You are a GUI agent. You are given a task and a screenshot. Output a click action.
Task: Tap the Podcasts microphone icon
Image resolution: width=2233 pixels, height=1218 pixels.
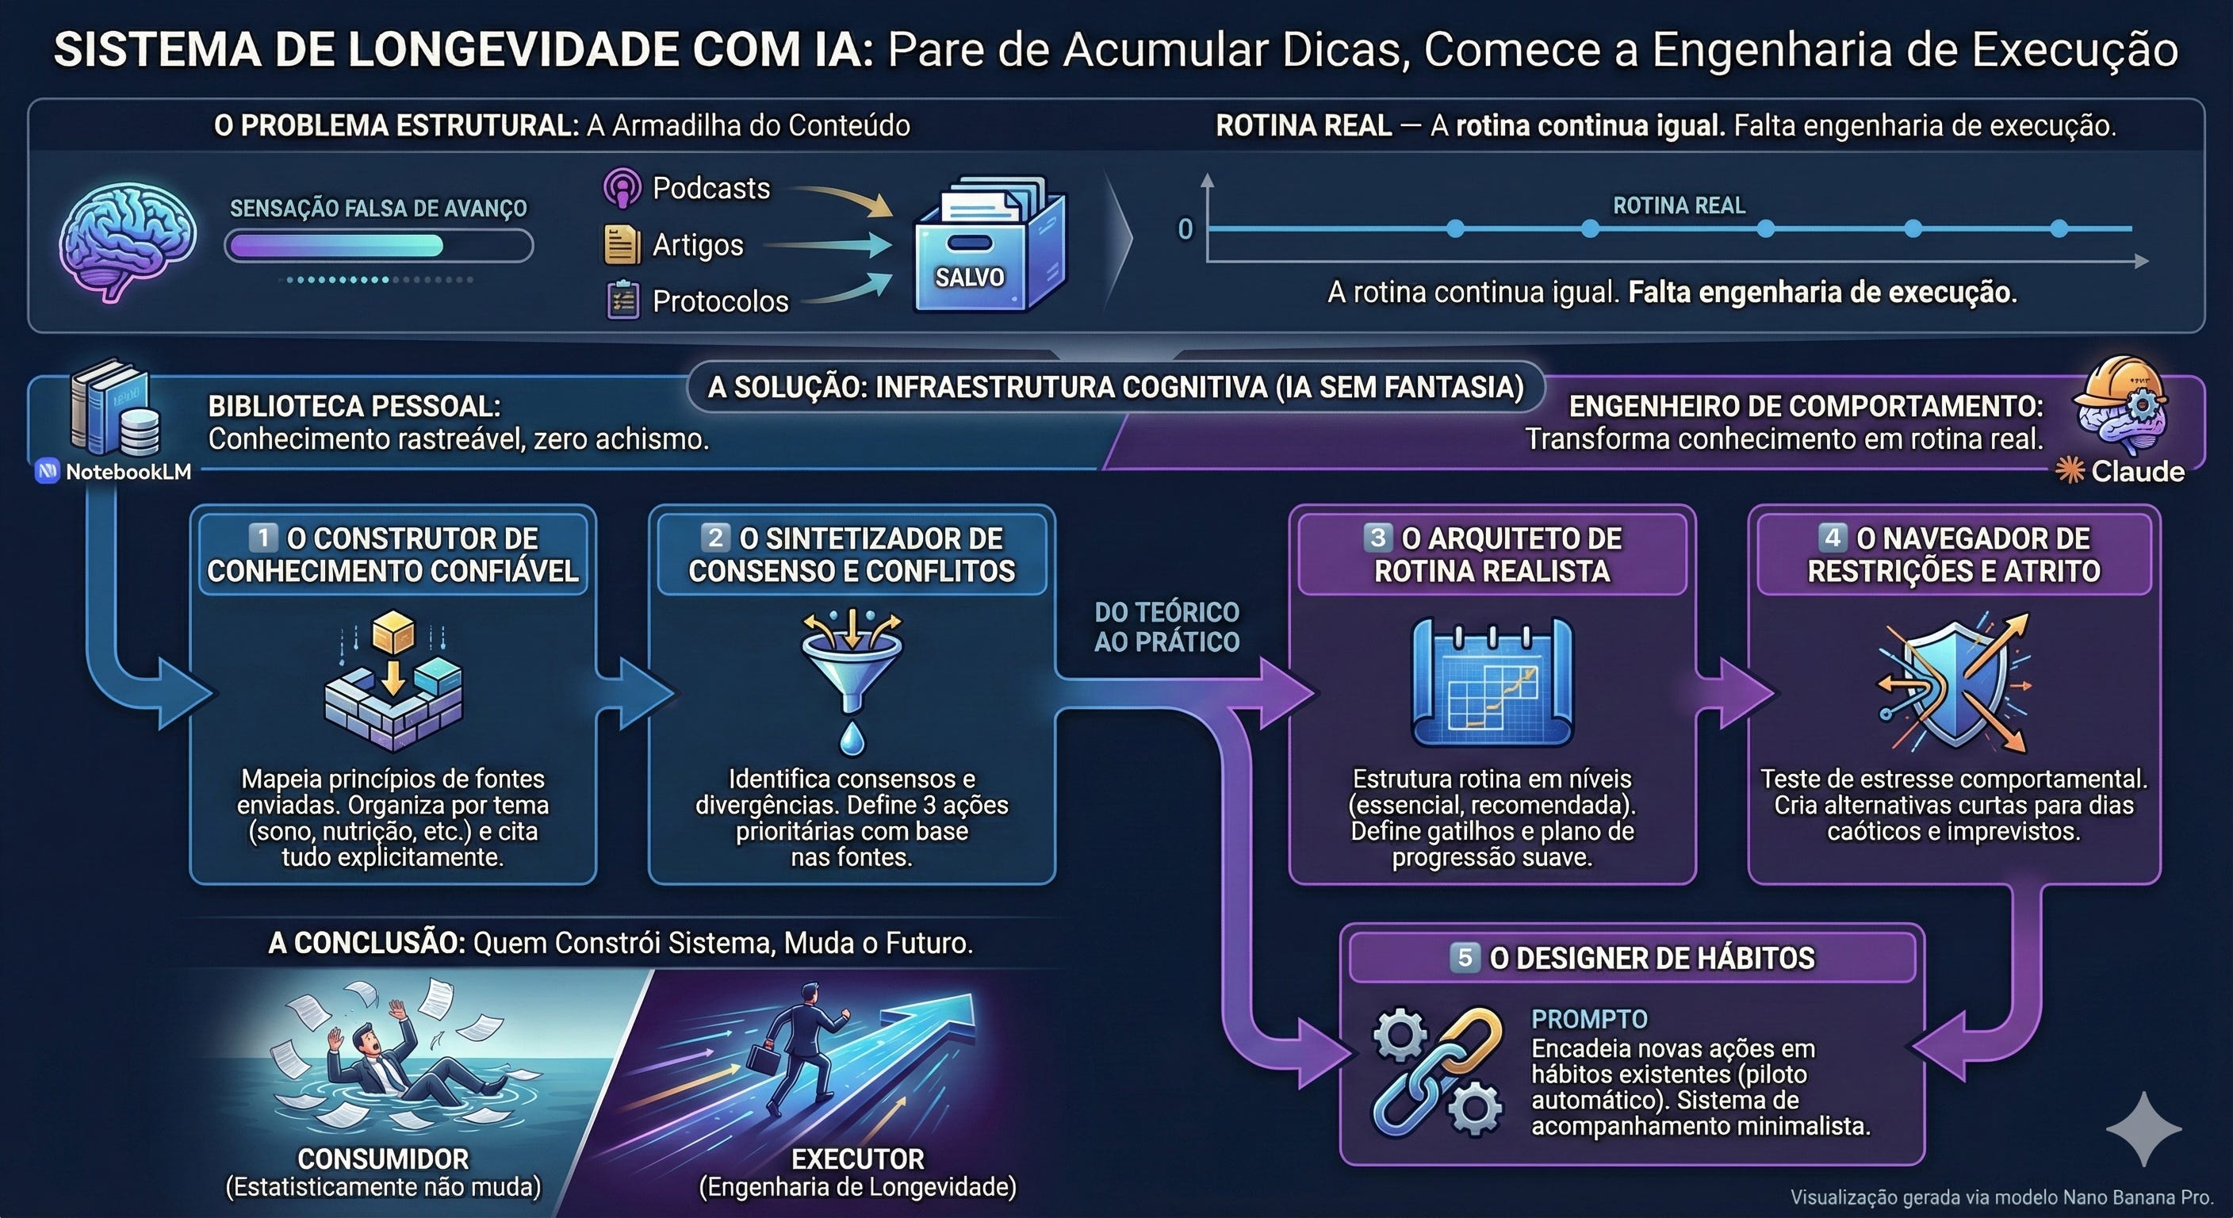(x=622, y=188)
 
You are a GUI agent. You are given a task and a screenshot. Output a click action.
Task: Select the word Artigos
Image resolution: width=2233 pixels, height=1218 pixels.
(x=697, y=245)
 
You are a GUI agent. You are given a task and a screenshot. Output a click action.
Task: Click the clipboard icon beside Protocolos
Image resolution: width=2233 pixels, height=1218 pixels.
(x=622, y=301)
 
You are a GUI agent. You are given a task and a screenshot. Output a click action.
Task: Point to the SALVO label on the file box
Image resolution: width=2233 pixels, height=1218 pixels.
(x=969, y=278)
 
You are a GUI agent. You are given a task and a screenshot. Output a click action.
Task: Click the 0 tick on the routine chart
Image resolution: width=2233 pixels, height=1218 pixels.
(x=1185, y=229)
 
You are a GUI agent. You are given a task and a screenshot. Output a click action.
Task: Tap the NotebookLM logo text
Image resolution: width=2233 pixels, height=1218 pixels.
(x=128, y=472)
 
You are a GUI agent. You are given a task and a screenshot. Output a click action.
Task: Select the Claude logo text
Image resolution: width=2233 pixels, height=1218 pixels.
(x=2137, y=472)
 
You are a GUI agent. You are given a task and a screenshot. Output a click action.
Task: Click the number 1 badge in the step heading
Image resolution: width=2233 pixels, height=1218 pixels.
(x=262, y=538)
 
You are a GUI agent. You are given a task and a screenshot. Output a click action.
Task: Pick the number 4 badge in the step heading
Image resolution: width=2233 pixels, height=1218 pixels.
(x=1832, y=538)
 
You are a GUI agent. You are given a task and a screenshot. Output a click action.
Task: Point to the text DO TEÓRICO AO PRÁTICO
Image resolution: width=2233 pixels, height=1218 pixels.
(x=1166, y=626)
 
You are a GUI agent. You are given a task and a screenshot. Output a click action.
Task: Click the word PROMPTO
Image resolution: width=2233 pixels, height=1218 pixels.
(x=1589, y=1020)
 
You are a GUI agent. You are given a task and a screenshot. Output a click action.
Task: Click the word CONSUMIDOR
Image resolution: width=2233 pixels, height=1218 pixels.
(x=383, y=1159)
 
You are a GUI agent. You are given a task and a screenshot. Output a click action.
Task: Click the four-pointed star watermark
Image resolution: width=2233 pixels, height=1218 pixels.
(x=2143, y=1128)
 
